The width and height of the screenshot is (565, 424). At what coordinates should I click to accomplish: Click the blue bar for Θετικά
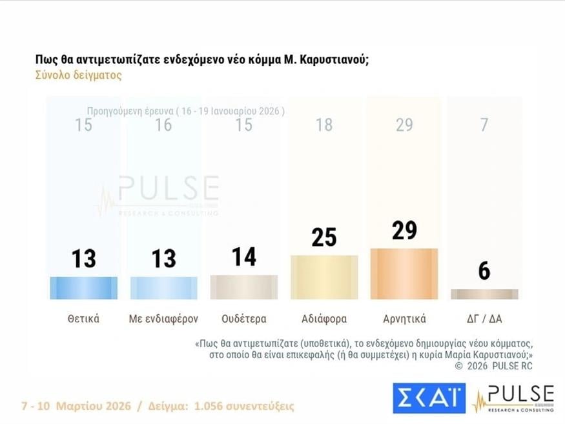tap(83, 288)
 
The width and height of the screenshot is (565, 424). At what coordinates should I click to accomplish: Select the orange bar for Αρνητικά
tap(404, 274)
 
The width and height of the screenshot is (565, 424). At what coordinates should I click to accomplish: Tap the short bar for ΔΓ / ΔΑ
tap(484, 294)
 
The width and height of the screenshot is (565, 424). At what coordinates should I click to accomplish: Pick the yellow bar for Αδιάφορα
tap(324, 278)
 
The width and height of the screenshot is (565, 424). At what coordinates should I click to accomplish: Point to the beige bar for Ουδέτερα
tap(244, 287)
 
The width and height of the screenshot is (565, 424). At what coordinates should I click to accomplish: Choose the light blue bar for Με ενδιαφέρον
tap(164, 288)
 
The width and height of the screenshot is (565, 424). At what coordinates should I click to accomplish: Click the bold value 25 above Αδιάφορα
tap(324, 237)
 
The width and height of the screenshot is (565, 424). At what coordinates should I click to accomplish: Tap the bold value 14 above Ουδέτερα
tap(244, 257)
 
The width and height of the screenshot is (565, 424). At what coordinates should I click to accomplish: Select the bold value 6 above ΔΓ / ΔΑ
tap(484, 272)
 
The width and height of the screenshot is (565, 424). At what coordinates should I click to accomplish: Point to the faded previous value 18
tap(324, 125)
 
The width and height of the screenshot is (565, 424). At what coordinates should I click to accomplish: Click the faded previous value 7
tap(484, 125)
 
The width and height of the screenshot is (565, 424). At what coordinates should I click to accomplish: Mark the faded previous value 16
tap(164, 125)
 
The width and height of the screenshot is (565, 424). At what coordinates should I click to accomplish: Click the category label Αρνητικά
tap(404, 319)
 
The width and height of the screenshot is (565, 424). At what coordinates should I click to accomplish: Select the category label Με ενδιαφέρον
tap(164, 319)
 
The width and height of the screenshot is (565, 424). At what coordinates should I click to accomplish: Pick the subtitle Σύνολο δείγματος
tap(78, 75)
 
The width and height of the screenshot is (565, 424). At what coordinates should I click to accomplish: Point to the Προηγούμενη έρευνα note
tap(185, 111)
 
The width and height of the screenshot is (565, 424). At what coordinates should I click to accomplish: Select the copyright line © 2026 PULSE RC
tap(494, 366)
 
